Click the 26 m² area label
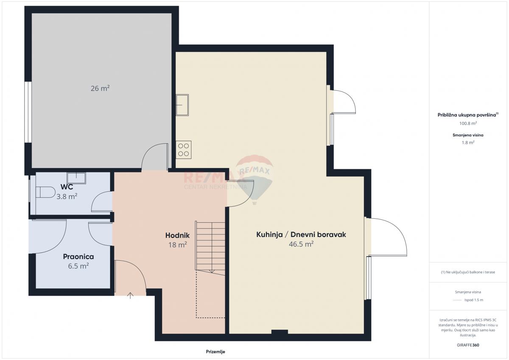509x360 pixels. pyautogui.click(x=100, y=89)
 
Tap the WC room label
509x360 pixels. pyautogui.click(x=67, y=187)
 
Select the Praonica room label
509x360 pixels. pyautogui.click(x=78, y=257)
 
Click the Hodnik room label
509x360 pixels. pyautogui.click(x=177, y=235)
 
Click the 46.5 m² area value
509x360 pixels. pyautogui.click(x=301, y=244)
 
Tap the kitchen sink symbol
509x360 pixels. pyautogui.click(x=183, y=105)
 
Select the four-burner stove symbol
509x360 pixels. pyautogui.click(x=184, y=150)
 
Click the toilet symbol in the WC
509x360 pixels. pyautogui.click(x=44, y=193)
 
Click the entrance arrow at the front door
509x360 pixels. pyautogui.click(x=130, y=296)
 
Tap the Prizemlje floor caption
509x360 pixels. pyautogui.click(x=215, y=352)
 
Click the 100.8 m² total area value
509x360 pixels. pyautogui.click(x=468, y=123)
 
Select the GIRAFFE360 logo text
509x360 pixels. pyautogui.click(x=468, y=345)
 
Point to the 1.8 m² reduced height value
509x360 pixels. pyautogui.click(x=468, y=143)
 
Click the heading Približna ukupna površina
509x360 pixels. pyautogui.click(x=467, y=115)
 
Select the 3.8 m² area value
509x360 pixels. pyautogui.click(x=67, y=197)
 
